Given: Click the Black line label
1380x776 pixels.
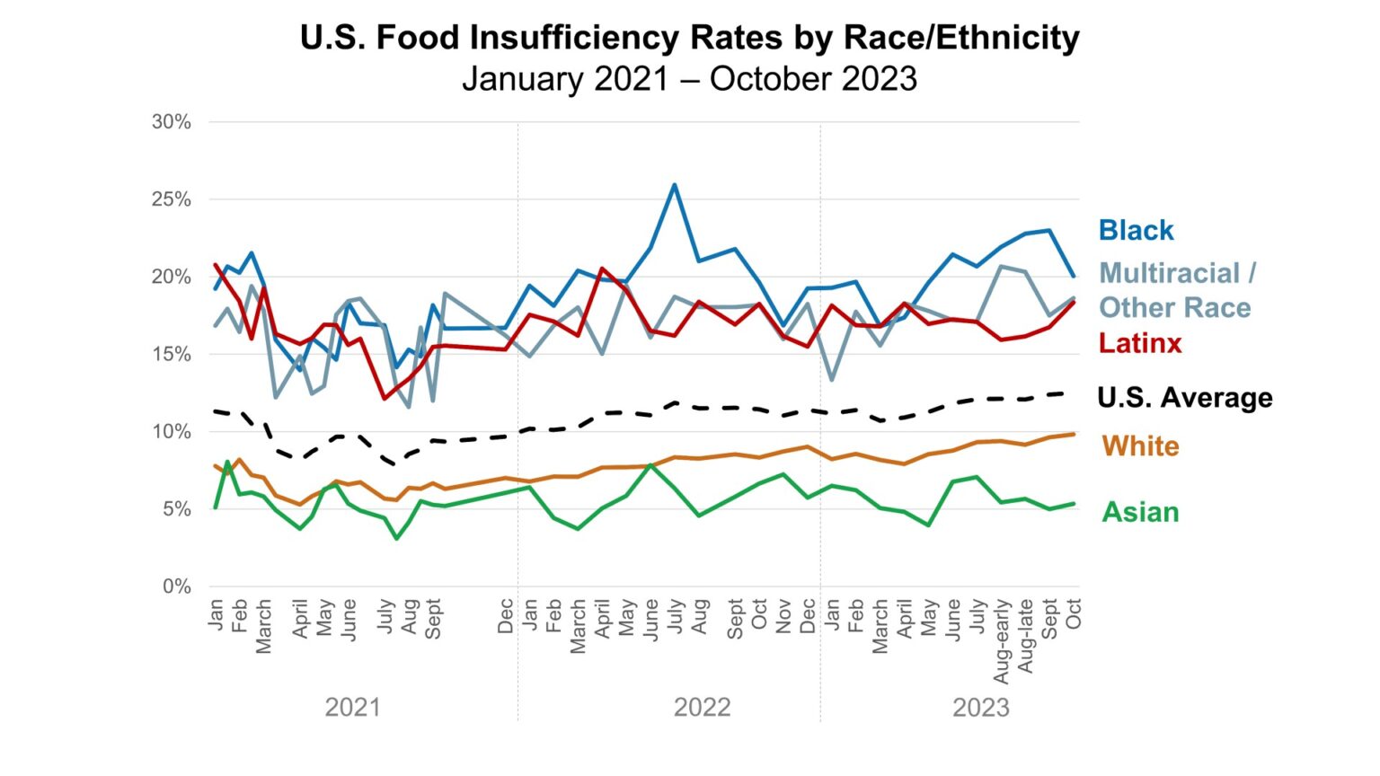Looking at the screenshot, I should tap(1136, 231).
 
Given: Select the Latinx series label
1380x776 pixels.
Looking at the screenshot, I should tap(1140, 343).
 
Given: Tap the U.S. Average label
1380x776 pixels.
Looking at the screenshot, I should tap(1184, 398).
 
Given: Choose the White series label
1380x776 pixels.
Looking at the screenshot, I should tap(1140, 446).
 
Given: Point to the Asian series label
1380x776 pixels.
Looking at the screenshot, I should tap(1140, 512).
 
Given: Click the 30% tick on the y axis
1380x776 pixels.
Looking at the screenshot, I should tap(171, 122).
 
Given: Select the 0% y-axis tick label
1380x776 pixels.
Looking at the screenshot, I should tap(176, 586).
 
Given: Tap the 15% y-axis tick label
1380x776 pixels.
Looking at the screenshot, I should tap(171, 354).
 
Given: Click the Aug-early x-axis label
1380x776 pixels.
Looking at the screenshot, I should tap(1002, 641).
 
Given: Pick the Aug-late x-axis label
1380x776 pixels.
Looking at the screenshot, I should tap(1026, 637).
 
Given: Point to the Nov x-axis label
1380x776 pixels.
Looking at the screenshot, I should tap(783, 616).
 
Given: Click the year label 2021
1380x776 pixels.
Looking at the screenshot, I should tap(352, 708).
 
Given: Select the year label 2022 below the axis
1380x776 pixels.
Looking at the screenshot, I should tap(702, 708).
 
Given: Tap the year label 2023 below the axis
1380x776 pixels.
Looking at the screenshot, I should tap(980, 708).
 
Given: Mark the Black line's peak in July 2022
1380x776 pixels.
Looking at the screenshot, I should tap(675, 185).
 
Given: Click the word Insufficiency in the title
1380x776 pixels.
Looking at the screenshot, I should tap(578, 39).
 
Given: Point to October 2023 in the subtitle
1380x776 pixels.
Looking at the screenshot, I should tap(813, 79).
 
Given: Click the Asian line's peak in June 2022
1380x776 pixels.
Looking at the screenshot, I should tap(650, 465).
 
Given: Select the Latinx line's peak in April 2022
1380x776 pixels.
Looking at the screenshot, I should tap(602, 268).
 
